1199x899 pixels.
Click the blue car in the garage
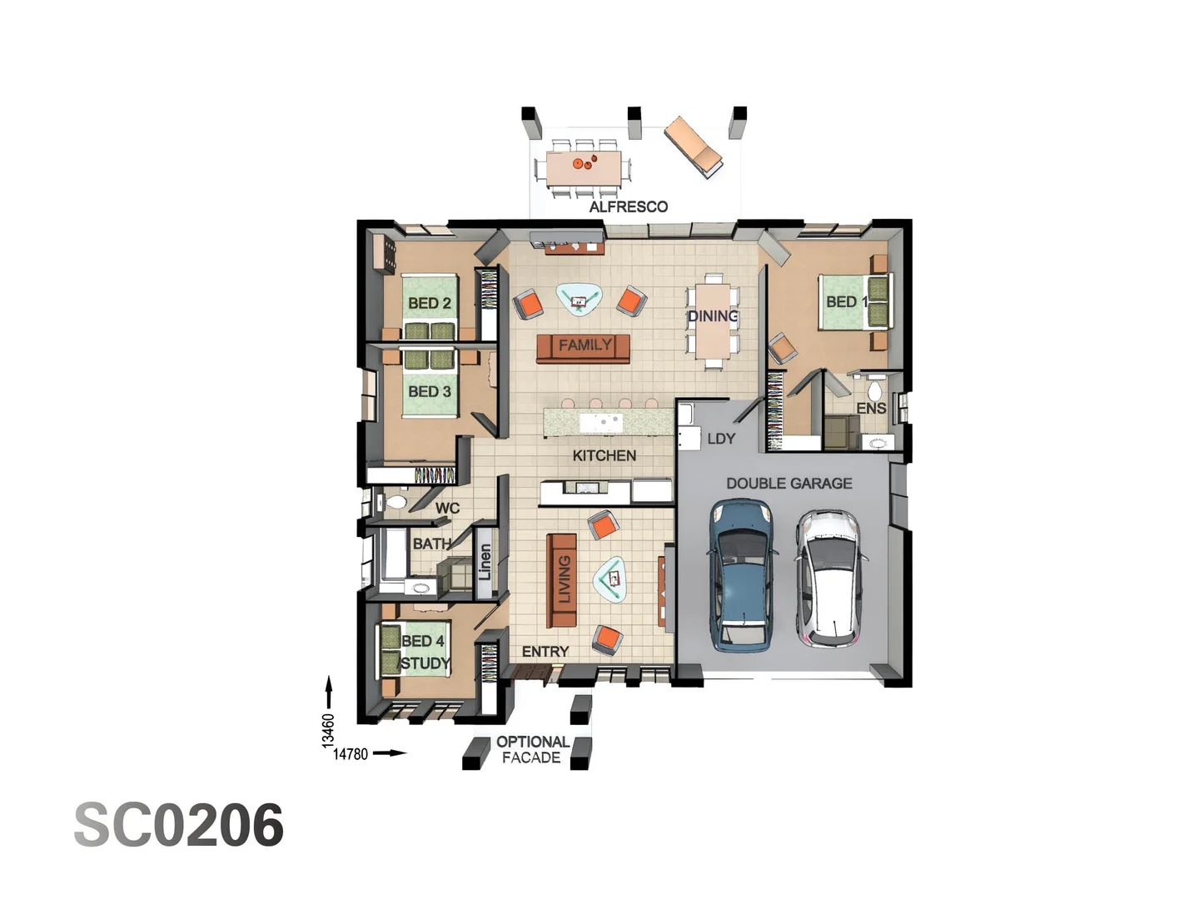pos(742,574)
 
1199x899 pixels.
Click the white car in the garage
pos(829,579)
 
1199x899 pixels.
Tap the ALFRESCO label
pos(628,206)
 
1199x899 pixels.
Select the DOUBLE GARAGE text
pos(789,483)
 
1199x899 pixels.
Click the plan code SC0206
pos(179,825)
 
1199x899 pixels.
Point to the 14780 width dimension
pos(351,754)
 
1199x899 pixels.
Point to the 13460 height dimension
pos(328,730)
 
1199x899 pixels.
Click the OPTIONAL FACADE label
pos(532,749)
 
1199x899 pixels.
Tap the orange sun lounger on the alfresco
pos(693,146)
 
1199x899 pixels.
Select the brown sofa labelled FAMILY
pos(583,347)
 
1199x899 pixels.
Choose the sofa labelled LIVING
pos(562,581)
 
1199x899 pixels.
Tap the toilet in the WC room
pos(396,502)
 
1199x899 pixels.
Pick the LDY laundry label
pos(721,439)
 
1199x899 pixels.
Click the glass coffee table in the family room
pos(580,299)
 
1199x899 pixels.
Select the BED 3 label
pos(430,391)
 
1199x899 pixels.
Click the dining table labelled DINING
pos(713,320)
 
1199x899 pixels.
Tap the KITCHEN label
pos(604,455)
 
